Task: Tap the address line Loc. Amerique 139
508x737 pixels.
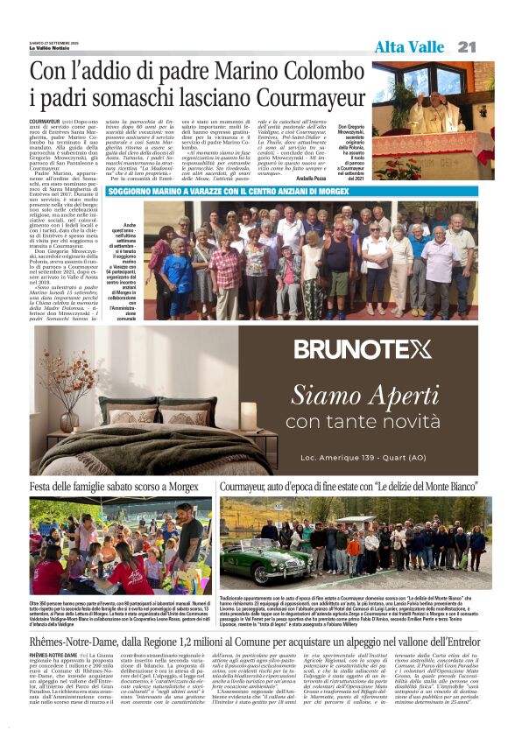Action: coord(350,458)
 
